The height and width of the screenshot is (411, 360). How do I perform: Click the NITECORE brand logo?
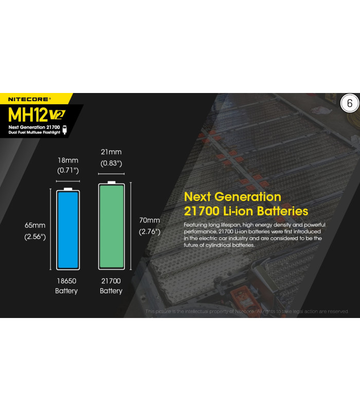click(x=29, y=98)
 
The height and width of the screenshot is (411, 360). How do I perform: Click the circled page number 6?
click(x=349, y=103)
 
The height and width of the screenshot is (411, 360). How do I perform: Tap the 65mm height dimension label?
click(x=35, y=225)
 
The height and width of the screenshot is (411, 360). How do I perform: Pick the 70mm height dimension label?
click(x=150, y=220)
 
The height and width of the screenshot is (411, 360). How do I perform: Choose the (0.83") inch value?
click(x=111, y=163)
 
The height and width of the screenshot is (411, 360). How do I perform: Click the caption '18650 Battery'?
click(x=66, y=286)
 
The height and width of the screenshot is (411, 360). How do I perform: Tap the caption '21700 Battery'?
click(x=111, y=286)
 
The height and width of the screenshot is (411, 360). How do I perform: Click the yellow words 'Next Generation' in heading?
click(x=232, y=197)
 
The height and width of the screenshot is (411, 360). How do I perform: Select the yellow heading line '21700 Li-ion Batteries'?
click(x=246, y=211)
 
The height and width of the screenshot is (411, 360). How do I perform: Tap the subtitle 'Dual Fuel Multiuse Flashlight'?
click(x=34, y=133)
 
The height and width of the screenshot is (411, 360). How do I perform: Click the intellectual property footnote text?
click(x=247, y=311)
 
